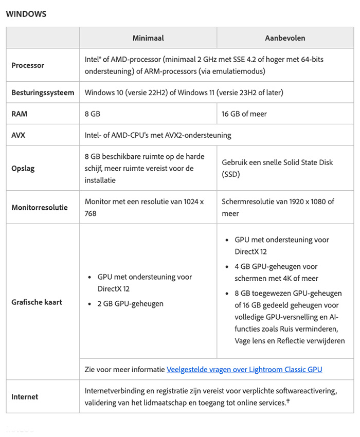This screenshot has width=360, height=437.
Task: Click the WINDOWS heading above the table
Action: point(26,14)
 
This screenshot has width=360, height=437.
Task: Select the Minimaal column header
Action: point(148,38)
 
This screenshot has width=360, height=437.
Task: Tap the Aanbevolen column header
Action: point(285,38)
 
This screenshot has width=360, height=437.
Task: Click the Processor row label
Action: point(28,65)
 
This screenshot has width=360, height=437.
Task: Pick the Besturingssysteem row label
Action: point(43,93)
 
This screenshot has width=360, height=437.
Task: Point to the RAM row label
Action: point(20,114)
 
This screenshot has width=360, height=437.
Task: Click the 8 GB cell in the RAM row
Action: point(93,114)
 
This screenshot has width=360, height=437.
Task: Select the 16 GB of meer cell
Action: point(244,114)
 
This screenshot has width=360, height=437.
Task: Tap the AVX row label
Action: point(19,135)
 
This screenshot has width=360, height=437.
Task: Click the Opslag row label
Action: point(23,169)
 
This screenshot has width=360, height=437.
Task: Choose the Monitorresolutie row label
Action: point(40,208)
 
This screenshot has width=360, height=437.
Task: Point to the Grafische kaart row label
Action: point(37,302)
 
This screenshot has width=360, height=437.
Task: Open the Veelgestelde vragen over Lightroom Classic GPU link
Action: point(244,369)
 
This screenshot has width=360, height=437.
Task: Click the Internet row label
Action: point(25,396)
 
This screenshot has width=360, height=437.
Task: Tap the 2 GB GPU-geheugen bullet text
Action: point(131,303)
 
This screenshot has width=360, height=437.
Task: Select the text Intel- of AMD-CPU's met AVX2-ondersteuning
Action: point(158,135)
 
